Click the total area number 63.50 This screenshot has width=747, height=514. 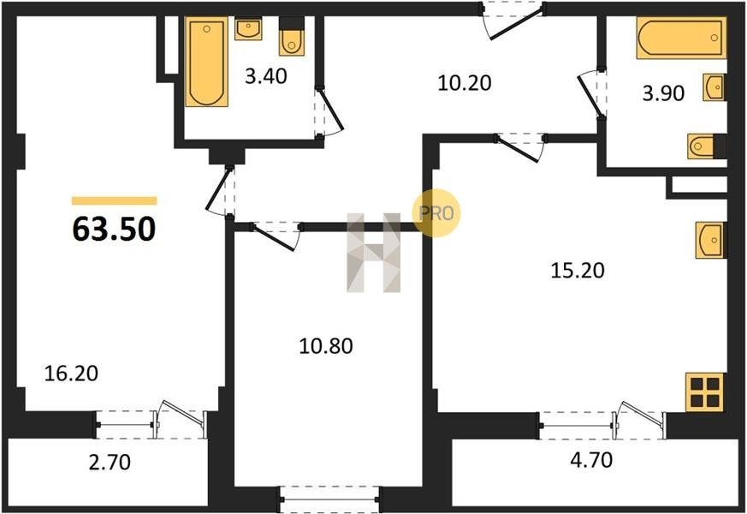114,229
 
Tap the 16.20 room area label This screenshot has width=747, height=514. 71,374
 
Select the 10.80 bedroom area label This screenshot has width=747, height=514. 326,346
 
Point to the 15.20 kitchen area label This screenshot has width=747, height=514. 578,271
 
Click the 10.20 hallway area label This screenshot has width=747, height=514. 465,83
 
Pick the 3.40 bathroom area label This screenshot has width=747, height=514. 266,75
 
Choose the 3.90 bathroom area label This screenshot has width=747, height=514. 663,93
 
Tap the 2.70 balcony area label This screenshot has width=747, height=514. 110,462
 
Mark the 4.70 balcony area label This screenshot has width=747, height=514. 591,460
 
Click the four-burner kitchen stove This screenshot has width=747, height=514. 705,392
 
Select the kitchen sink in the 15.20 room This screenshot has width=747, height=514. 711,240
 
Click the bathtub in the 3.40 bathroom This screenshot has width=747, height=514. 206,62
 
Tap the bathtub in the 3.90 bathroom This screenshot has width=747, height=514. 681,38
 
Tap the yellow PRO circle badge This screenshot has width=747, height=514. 436,213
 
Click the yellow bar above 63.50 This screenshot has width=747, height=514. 115,200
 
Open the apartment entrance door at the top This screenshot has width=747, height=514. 513,21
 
